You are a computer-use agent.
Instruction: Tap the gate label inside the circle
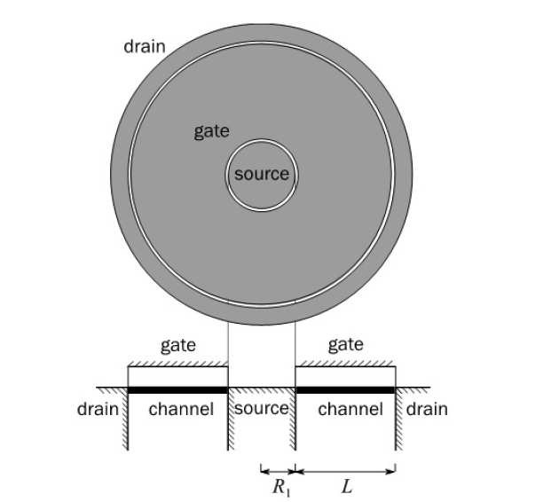(212, 132)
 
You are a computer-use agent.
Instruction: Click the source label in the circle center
(262, 174)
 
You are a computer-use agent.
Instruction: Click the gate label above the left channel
(178, 345)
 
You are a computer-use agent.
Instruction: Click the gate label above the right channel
(345, 345)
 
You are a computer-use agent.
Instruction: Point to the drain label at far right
(427, 409)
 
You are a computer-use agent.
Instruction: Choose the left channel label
(181, 409)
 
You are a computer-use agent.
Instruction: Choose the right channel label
(350, 409)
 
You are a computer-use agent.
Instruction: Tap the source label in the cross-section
(262, 409)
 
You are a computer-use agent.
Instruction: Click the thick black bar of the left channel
(178, 389)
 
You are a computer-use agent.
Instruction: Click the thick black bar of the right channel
(345, 389)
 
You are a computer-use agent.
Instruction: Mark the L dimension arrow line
(345, 469)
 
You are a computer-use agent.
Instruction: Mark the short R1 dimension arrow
(278, 469)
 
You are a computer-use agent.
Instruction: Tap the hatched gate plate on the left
(178, 365)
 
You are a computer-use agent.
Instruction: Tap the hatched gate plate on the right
(345, 365)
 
